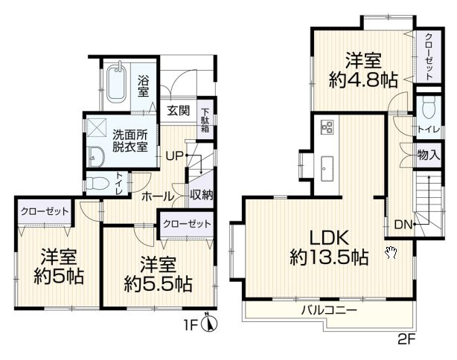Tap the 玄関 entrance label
pyautogui.click(x=178, y=111)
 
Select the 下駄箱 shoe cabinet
pyautogui.click(x=205, y=120)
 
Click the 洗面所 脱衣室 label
pyautogui.click(x=130, y=141)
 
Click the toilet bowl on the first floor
pyautogui.click(x=98, y=184)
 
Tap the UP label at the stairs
pyautogui.click(x=174, y=156)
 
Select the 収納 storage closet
pyautogui.click(x=201, y=196)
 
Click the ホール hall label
pyautogui.click(x=157, y=196)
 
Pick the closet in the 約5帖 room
pyautogui.click(x=45, y=211)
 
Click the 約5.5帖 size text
pyautogui.click(x=158, y=284)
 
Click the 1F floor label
pyautogui.click(x=191, y=325)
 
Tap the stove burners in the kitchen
pyautogui.click(x=326, y=127)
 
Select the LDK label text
pyautogui.click(x=329, y=238)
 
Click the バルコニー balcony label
pyautogui.click(x=329, y=309)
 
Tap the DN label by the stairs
pyautogui.click(x=403, y=225)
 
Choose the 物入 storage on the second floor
pyautogui.click(x=429, y=155)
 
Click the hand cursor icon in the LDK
pyautogui.click(x=392, y=252)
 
